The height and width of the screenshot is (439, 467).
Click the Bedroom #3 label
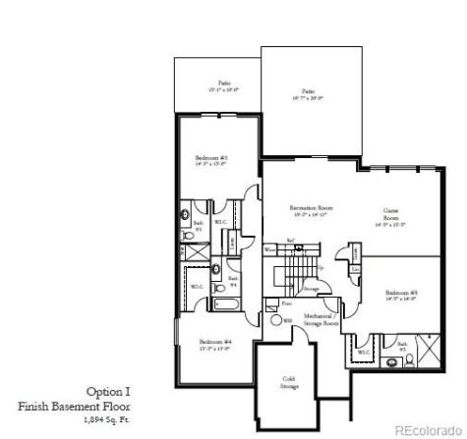pos(210,158)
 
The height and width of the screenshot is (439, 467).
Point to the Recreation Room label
pos(310,208)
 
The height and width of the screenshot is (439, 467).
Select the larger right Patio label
pos(307,93)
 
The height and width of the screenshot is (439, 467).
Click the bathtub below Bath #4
pos(226,303)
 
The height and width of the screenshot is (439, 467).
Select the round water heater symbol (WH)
pos(276,321)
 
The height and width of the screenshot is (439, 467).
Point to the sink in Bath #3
pos(186,215)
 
